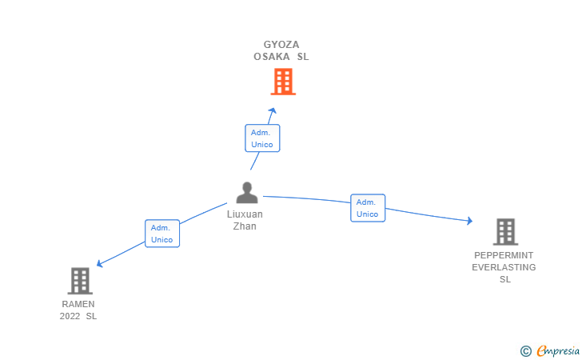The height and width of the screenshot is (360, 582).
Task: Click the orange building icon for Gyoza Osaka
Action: pyautogui.click(x=283, y=82)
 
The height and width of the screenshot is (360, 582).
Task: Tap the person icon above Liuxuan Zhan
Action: pyautogui.click(x=247, y=193)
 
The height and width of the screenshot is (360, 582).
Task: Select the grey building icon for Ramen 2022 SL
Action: pyautogui.click(x=80, y=281)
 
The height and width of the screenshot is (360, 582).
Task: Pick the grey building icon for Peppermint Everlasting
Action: pyautogui.click(x=505, y=232)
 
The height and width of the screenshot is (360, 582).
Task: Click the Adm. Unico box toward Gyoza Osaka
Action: pyautogui.click(x=262, y=138)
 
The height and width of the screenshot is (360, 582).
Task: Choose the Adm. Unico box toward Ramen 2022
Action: pyautogui.click(x=162, y=234)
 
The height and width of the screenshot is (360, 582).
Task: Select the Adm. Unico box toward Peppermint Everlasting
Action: pyautogui.click(x=368, y=208)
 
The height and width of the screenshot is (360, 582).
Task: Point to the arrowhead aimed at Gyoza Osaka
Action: pyautogui.click(x=273, y=110)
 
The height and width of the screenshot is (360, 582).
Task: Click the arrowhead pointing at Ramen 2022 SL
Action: pyautogui.click(x=99, y=264)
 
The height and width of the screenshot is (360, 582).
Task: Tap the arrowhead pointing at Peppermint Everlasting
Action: pyautogui.click(x=470, y=221)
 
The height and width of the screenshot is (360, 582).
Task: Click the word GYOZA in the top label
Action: pyautogui.click(x=281, y=45)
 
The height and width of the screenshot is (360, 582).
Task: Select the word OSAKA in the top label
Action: pyautogui.click(x=272, y=57)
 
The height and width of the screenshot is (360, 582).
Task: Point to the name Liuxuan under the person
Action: pyautogui.click(x=245, y=214)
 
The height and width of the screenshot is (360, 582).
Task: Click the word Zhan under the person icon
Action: pyautogui.click(x=245, y=226)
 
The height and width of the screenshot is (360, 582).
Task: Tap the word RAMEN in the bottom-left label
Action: pyautogui.click(x=78, y=304)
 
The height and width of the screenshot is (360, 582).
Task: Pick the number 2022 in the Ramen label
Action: pyautogui.click(x=70, y=316)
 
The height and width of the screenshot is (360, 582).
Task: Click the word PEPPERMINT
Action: pyautogui.click(x=504, y=255)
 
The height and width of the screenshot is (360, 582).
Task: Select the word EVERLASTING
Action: pyautogui.click(x=504, y=267)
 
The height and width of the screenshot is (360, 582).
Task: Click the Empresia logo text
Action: pyautogui.click(x=558, y=350)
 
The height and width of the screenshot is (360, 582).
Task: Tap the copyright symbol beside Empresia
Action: pyautogui.click(x=526, y=351)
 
